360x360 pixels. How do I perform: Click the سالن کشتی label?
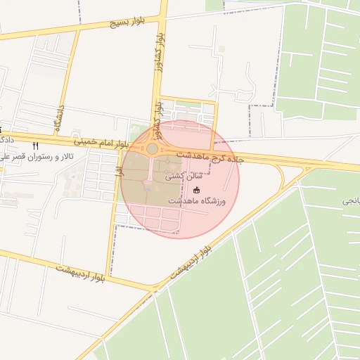coord(179,177)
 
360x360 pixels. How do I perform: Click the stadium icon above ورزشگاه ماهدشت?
coord(196,190)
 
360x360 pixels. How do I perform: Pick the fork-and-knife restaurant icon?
coord(37,145)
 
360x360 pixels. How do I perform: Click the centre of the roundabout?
coord(152,149)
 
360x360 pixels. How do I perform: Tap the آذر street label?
coord(121,169)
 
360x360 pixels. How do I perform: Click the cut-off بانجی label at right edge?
coord(351,201)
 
